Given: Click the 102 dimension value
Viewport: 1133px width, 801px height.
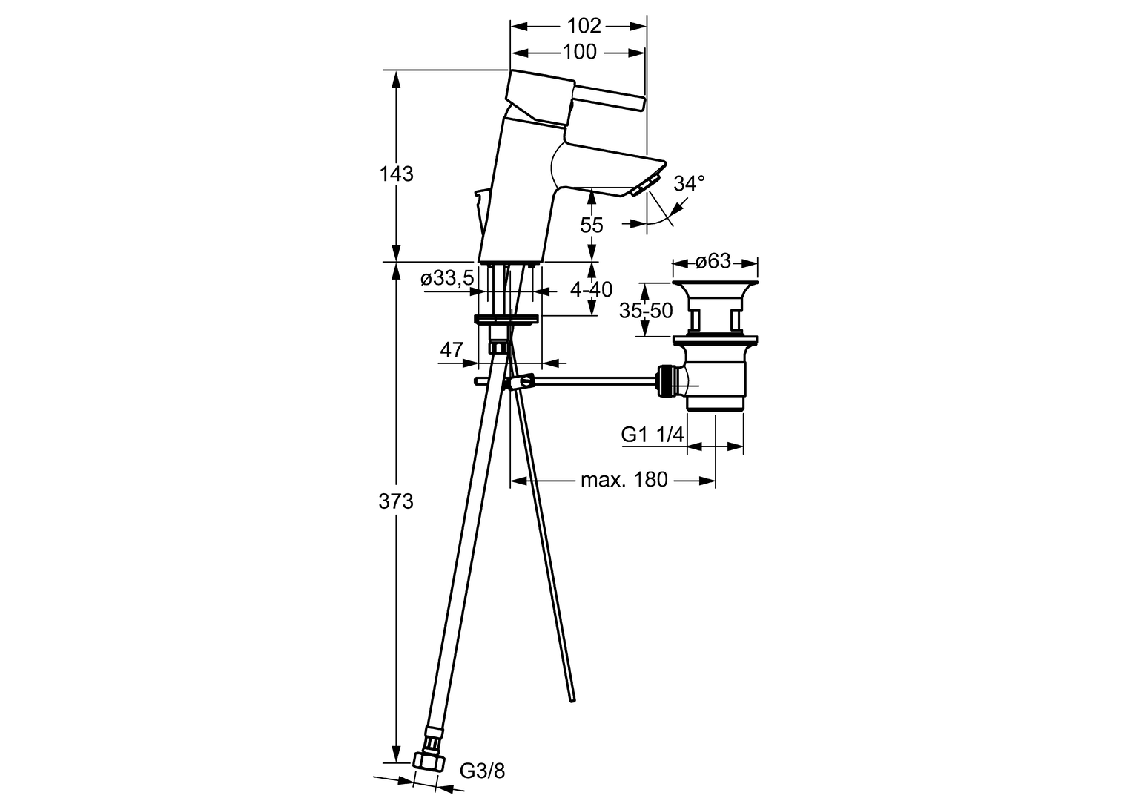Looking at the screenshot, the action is (x=584, y=26).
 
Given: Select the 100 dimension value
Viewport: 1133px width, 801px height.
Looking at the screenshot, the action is (x=580, y=52).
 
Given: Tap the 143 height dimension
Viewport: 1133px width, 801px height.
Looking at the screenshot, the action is (x=397, y=174).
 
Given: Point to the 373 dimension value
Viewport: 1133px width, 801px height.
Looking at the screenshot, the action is (x=396, y=501).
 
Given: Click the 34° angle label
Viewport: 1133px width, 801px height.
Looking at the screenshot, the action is (x=689, y=183).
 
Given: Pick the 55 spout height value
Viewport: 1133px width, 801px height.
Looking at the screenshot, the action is (x=591, y=225).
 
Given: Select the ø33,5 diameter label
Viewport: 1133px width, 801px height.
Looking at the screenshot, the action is (x=447, y=278).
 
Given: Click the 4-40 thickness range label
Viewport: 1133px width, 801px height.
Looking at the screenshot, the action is (x=591, y=289).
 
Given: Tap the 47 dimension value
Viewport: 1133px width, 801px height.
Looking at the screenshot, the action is (x=452, y=349).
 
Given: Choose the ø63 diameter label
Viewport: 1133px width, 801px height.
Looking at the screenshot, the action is (x=713, y=261).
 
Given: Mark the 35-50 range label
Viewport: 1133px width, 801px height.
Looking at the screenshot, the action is (x=646, y=311).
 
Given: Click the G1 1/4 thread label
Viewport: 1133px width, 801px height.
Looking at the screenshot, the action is (x=653, y=434).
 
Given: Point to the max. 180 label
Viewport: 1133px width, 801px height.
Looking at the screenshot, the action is (x=624, y=480).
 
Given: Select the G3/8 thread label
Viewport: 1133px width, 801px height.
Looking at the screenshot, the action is (x=482, y=771).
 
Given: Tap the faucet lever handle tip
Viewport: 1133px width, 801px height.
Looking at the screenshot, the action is (x=641, y=102).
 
